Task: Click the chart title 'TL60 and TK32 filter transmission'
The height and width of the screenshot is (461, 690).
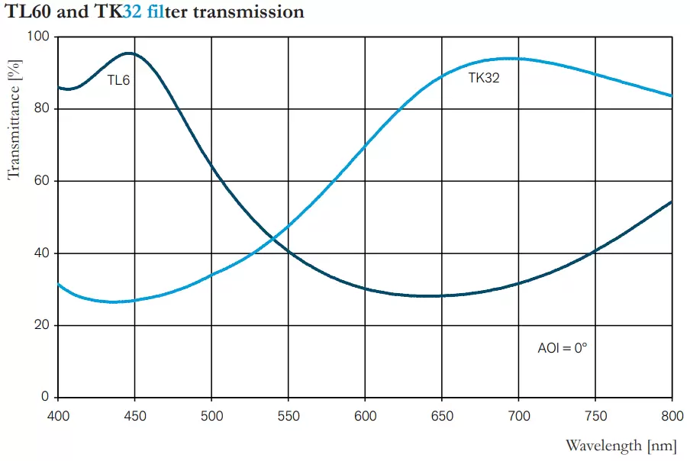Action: tap(155, 12)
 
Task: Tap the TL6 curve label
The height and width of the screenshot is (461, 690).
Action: tap(118, 79)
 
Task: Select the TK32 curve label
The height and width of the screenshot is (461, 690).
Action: tap(484, 77)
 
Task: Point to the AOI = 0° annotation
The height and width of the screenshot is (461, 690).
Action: tap(563, 348)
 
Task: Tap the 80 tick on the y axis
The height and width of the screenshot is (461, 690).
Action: tap(42, 108)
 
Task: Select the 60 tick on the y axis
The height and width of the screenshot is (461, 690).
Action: tap(42, 181)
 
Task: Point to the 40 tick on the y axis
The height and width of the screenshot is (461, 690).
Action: tap(42, 253)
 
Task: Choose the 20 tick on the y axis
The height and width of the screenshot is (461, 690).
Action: tap(42, 325)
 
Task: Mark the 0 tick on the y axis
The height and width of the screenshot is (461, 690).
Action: tap(45, 397)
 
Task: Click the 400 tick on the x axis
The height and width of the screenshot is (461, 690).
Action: tap(58, 415)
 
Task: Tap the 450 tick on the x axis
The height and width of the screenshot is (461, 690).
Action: tap(135, 415)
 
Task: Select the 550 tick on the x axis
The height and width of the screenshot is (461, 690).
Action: tap(289, 415)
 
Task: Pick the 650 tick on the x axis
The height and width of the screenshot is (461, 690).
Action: tap(442, 415)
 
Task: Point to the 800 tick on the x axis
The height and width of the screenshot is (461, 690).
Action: tap(672, 415)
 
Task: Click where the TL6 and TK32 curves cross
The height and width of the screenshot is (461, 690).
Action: tap(273, 240)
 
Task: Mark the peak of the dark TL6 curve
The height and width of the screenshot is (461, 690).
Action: tap(128, 53)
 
